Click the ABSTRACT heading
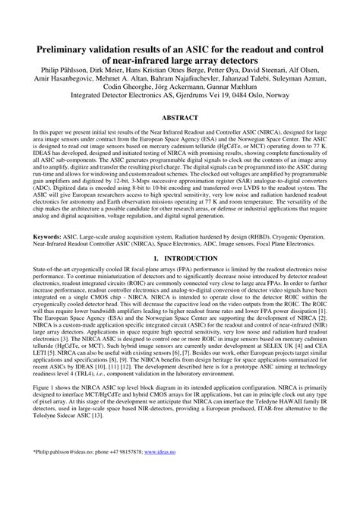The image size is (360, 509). (180, 118)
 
